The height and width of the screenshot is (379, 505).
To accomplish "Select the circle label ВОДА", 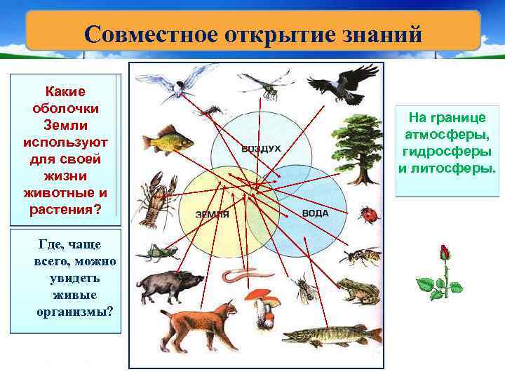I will tap(315, 212).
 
